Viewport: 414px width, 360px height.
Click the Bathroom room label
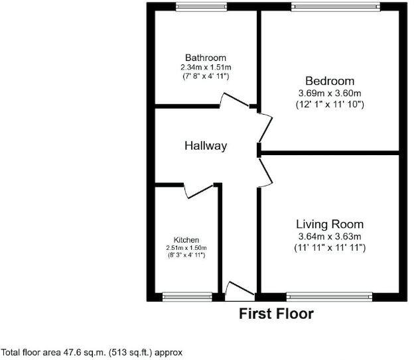click(x=206, y=58)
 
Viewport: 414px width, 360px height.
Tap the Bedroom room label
click(x=330, y=82)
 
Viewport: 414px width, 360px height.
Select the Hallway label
click(x=206, y=146)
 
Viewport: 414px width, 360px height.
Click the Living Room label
click(x=330, y=224)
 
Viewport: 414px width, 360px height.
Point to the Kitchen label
click(x=186, y=240)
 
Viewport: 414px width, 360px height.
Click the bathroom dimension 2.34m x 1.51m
click(x=206, y=68)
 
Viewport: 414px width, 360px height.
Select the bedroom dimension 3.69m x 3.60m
click(x=330, y=93)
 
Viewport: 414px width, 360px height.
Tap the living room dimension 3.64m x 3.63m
click(x=330, y=236)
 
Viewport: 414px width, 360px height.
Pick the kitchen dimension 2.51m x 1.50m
click(x=186, y=248)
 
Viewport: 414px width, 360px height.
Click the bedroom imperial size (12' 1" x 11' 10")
click(x=330, y=105)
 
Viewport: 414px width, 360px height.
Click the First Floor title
click(x=277, y=314)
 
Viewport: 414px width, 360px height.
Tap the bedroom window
click(x=336, y=7)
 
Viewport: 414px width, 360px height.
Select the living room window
click(x=330, y=296)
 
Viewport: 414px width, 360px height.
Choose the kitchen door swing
click(x=199, y=190)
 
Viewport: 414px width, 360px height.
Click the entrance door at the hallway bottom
click(x=240, y=290)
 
